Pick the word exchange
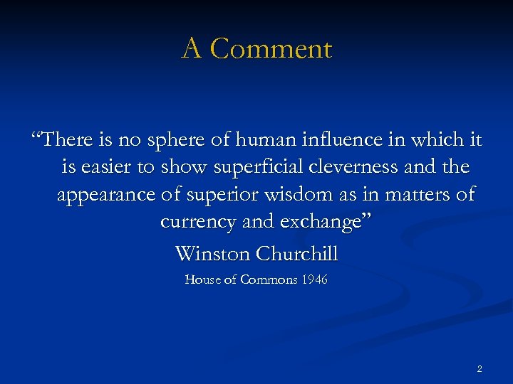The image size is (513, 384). pyautogui.click(x=326, y=223)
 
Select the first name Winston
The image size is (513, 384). pyautogui.click(x=213, y=253)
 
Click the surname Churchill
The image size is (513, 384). pyautogui.click(x=297, y=253)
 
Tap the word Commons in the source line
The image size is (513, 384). pyautogui.click(x=269, y=280)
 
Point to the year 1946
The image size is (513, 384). pyautogui.click(x=314, y=280)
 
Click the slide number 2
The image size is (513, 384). pyautogui.click(x=479, y=368)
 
